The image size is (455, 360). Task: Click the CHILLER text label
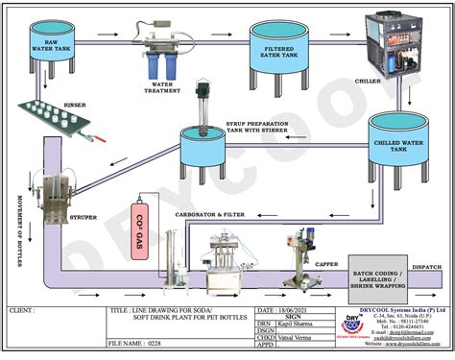point(368,82)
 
